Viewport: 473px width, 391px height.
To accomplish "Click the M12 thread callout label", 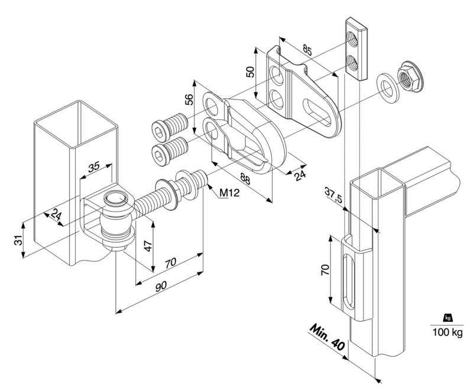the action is pyautogui.click(x=229, y=192).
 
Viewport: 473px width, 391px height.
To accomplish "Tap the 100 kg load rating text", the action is pyautogui.click(x=448, y=332).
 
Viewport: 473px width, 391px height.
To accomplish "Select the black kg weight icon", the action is pyautogui.click(x=448, y=318).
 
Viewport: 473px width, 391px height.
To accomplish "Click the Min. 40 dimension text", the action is pyautogui.click(x=328, y=338).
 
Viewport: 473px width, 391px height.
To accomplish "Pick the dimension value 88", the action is pyautogui.click(x=245, y=178).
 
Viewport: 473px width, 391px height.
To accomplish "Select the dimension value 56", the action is pyautogui.click(x=189, y=99).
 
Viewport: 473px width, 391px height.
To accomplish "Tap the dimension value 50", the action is pyautogui.click(x=250, y=72).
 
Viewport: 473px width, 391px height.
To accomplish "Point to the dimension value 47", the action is pyautogui.click(x=148, y=245).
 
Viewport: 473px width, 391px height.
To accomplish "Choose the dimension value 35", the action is pyautogui.click(x=93, y=167).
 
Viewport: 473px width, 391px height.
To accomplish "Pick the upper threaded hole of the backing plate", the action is pyautogui.click(x=352, y=38).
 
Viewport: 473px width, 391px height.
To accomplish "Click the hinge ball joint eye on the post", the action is pyautogui.click(x=115, y=219).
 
